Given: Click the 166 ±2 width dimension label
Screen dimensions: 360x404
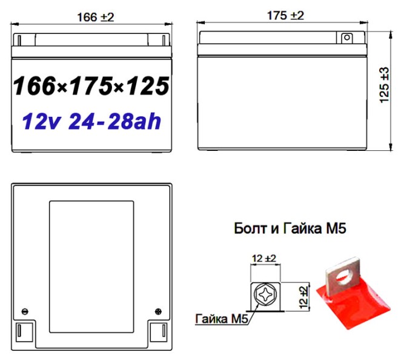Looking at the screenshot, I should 93,17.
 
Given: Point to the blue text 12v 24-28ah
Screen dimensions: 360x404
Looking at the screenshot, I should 91,122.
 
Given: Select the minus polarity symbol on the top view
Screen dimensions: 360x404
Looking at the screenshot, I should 24,311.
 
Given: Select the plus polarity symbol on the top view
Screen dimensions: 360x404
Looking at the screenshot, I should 159,311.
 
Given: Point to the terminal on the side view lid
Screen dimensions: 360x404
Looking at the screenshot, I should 346,38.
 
